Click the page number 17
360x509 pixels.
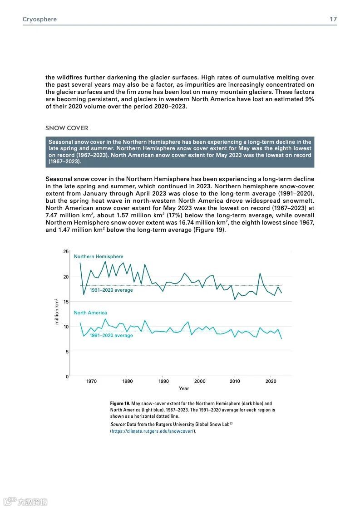click(x=333, y=20)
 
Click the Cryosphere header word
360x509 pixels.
click(x=39, y=20)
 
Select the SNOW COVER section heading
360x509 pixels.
click(x=67, y=128)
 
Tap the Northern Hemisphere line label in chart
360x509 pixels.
click(x=99, y=256)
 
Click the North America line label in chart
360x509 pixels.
click(x=90, y=313)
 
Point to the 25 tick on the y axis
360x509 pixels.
click(x=66, y=252)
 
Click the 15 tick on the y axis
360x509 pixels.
click(x=66, y=302)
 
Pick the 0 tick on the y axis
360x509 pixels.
click(x=67, y=377)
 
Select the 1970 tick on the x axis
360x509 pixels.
click(x=91, y=382)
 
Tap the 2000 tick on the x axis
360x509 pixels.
click(x=200, y=382)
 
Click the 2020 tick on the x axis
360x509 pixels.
click(x=271, y=382)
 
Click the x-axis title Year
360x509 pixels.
click(x=184, y=388)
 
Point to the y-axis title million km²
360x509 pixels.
click(x=57, y=311)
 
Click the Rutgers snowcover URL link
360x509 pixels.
click(x=153, y=431)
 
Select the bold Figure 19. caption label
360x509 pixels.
click(x=120, y=403)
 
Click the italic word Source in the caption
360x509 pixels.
click(x=118, y=424)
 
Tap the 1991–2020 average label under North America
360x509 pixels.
click(x=111, y=336)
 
